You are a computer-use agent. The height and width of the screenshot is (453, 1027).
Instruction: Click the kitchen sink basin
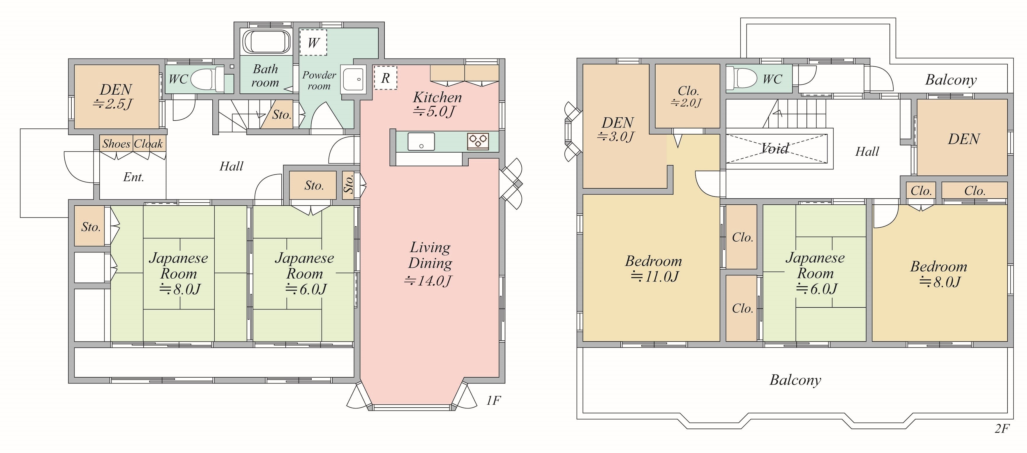click(421, 142)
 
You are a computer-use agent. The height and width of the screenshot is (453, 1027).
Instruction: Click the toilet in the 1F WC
click(207, 79)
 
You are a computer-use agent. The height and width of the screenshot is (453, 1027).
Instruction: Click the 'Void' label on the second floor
click(775, 148)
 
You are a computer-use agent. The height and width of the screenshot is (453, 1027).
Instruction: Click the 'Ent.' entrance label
click(134, 177)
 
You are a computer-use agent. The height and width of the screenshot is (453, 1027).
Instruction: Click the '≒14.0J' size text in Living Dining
click(428, 281)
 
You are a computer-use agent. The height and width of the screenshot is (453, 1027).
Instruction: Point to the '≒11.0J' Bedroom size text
click(654, 276)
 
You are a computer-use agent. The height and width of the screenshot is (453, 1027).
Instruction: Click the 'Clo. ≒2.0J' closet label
click(687, 96)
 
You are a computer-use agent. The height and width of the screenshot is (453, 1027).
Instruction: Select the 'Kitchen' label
click(437, 97)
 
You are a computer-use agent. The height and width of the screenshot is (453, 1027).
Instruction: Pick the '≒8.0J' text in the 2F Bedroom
click(940, 282)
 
